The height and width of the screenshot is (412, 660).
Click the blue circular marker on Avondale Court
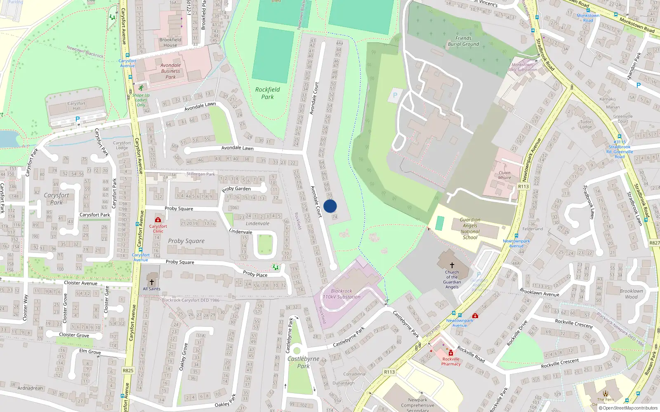(x=330, y=206)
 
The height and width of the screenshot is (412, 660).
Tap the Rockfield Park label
(x=267, y=93)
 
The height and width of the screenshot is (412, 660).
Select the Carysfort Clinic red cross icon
(x=158, y=220)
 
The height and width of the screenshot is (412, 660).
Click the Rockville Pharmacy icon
(x=451, y=353)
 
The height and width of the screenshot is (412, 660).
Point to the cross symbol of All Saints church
(x=151, y=282)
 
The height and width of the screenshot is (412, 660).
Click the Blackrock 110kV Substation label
(x=342, y=294)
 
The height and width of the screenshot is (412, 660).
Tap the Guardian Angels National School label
(x=470, y=229)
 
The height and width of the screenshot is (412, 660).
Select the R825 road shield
(x=128, y=370)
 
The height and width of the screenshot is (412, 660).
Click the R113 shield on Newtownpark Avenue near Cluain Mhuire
(x=523, y=186)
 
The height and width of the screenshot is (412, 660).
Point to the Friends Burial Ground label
(x=464, y=41)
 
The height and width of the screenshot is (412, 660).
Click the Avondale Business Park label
(x=171, y=71)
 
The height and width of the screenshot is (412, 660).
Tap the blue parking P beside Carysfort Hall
(x=77, y=119)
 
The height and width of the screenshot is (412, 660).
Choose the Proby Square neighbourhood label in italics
(x=186, y=241)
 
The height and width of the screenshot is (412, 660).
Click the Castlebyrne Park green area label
(x=304, y=362)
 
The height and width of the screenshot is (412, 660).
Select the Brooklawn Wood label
(x=631, y=294)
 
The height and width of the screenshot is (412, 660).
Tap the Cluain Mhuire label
(x=504, y=175)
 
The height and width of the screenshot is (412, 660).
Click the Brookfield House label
(x=170, y=42)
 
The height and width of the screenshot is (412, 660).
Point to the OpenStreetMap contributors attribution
(x=628, y=408)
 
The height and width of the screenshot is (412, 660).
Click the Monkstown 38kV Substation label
(x=522, y=67)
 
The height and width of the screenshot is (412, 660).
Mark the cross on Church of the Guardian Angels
(x=452, y=265)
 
